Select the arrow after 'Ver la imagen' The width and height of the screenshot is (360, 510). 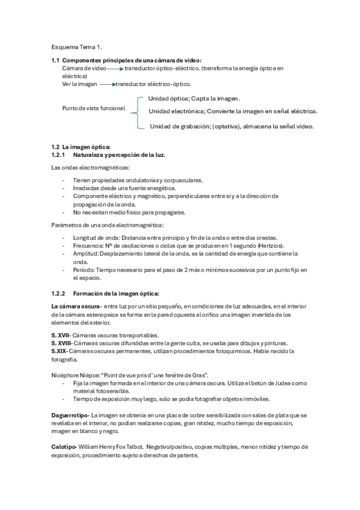point(106,84)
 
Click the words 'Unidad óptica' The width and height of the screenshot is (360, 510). point(168,98)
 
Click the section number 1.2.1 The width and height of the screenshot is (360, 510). point(59,155)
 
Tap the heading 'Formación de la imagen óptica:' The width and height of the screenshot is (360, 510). point(115,293)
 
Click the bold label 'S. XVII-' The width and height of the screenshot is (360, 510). point(61,335)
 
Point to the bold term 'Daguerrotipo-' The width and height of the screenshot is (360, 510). point(71,416)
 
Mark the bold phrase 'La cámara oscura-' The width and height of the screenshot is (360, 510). point(76,306)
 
